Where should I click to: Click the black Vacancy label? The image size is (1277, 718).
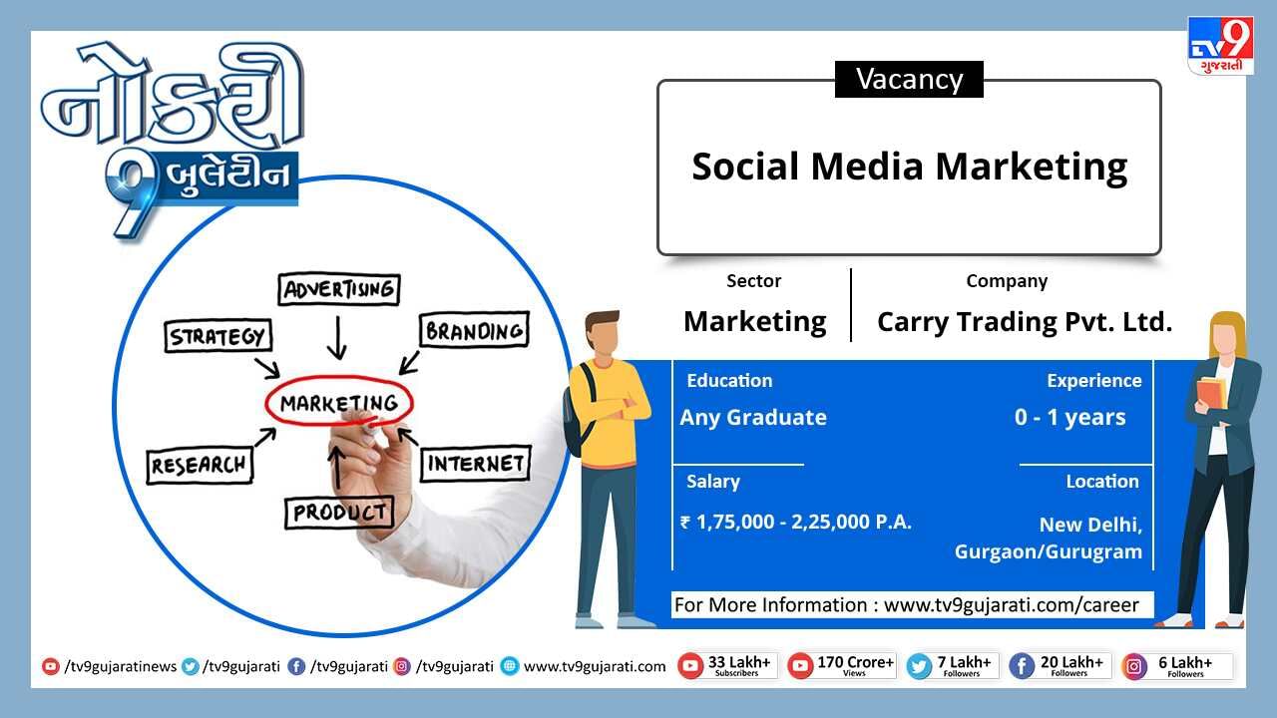[x=909, y=79]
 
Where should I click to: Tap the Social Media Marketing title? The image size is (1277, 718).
[x=909, y=167]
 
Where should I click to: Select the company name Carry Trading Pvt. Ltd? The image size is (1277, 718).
[x=1025, y=322]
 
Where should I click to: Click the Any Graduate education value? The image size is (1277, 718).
[x=753, y=418]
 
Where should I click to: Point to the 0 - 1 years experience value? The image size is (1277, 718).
[x=1070, y=418]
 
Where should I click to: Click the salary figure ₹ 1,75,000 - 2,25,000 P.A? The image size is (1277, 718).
[x=796, y=522]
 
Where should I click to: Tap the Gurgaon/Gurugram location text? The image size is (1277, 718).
[x=1049, y=552]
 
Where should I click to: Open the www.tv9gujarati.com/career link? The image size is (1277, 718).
[x=1011, y=604]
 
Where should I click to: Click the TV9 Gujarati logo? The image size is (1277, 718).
[x=1220, y=46]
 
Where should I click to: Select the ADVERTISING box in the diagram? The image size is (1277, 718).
[x=339, y=289]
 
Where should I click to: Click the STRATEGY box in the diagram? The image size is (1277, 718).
[x=217, y=336]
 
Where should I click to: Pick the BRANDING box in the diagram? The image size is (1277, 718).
[x=474, y=330]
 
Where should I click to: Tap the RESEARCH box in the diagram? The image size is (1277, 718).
[x=200, y=466]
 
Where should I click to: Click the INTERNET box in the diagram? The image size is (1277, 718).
[x=476, y=464]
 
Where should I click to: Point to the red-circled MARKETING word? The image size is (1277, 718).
[x=339, y=402]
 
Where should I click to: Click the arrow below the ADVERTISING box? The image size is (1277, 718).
[x=337, y=338]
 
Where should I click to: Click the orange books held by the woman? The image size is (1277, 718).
[x=1211, y=392]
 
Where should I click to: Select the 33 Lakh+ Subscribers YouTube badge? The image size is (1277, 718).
[x=727, y=666]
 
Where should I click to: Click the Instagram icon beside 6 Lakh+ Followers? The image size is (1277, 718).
[x=1134, y=667]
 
